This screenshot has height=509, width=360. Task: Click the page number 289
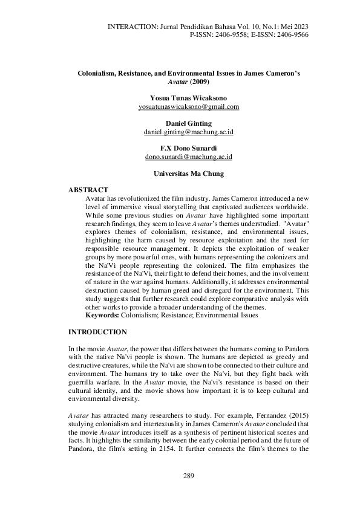[188, 477]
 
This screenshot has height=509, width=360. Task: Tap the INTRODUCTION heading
[97, 332]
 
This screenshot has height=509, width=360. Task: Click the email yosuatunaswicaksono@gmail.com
[189, 106]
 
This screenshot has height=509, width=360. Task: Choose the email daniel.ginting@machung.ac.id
[189, 132]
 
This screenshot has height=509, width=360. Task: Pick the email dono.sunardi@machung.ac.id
[189, 157]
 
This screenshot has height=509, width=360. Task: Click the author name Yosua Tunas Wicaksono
[189, 97]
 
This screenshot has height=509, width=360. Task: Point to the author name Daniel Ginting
[189, 123]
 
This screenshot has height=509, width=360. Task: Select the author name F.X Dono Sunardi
[189, 148]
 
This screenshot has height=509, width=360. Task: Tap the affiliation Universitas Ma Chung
[189, 173]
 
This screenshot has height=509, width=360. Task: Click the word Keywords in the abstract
[102, 315]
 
